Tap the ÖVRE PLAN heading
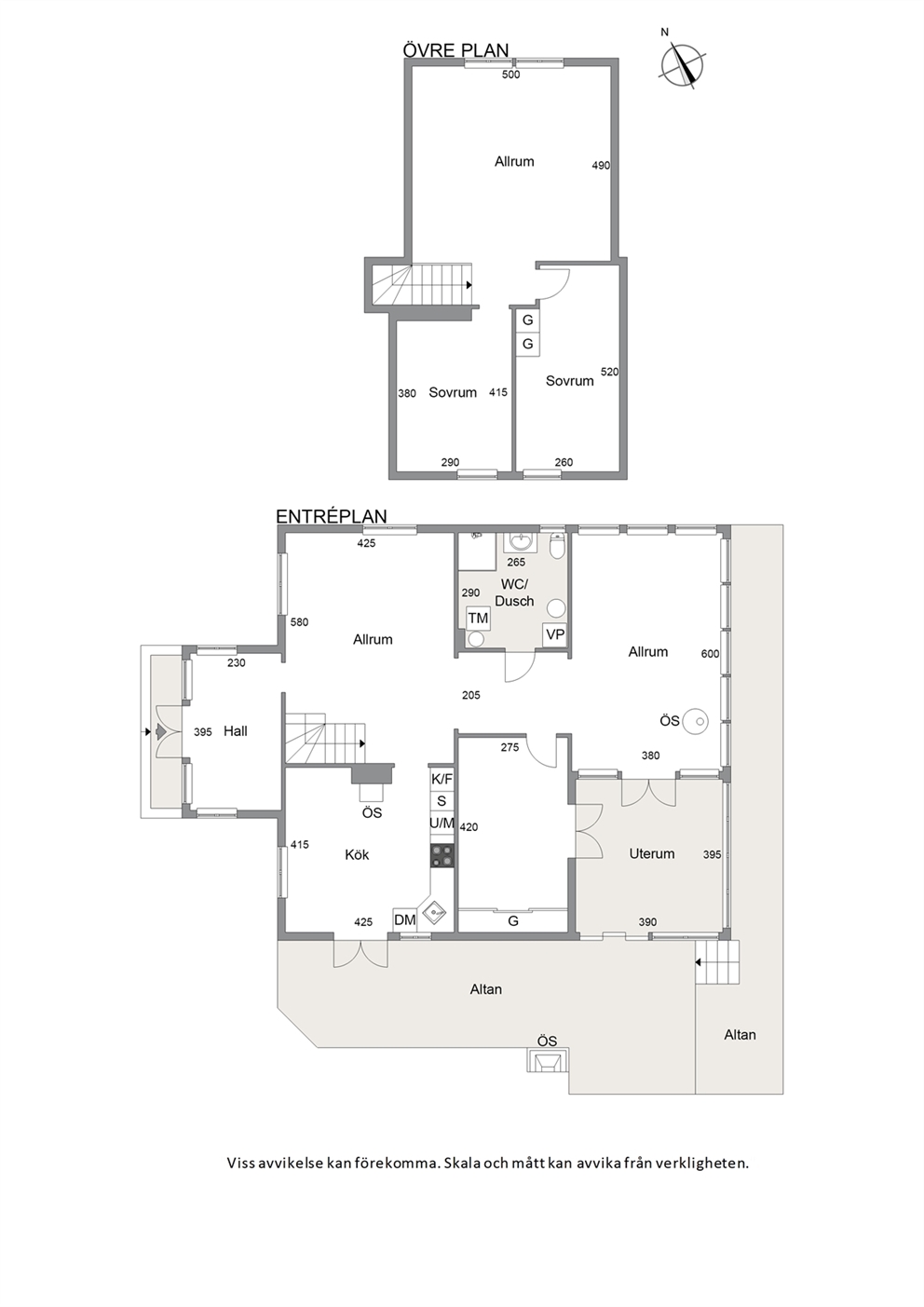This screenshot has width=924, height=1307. click(x=456, y=50)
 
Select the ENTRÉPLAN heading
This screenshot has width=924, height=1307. click(x=332, y=516)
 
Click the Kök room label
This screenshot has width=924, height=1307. click(x=357, y=855)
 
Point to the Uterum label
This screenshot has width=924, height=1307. click(x=652, y=853)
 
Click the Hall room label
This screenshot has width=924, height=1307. click(x=236, y=731)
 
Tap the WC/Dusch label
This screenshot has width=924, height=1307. click(x=514, y=592)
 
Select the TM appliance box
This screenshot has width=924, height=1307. click(x=479, y=618)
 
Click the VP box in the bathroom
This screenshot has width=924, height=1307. click(x=554, y=634)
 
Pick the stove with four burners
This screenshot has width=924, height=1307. click(x=442, y=856)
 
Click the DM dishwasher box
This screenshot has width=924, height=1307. click(x=405, y=920)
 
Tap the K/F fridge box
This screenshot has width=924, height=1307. click(x=442, y=779)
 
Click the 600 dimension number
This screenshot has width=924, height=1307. click(x=710, y=654)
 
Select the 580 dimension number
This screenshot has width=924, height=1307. click(x=299, y=622)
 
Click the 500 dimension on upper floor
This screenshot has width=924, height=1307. click(x=510, y=75)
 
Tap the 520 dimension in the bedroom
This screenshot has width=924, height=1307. click(x=609, y=372)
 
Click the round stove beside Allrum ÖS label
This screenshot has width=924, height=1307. click(x=696, y=722)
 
